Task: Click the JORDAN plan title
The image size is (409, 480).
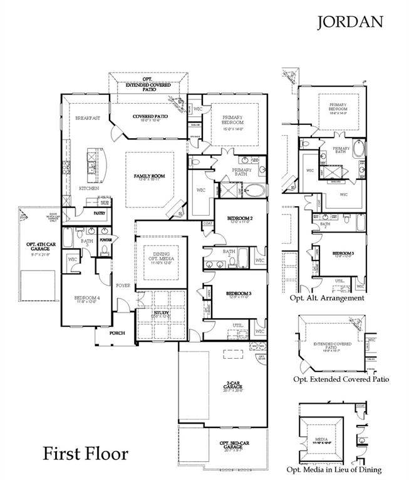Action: pos(350,22)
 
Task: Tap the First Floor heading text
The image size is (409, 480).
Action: pos(85,453)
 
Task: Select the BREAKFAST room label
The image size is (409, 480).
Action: pos(88,117)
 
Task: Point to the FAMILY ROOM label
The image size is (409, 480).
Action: pos(149,176)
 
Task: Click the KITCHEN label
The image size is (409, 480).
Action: pos(88,187)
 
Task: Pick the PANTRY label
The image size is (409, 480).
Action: pos(99,213)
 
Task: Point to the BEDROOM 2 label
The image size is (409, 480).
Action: pos(238,218)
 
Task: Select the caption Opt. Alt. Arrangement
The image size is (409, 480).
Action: pos(326,298)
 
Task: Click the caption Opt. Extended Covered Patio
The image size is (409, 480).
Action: pos(341,379)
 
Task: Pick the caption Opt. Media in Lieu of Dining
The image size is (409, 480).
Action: pos(334,469)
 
